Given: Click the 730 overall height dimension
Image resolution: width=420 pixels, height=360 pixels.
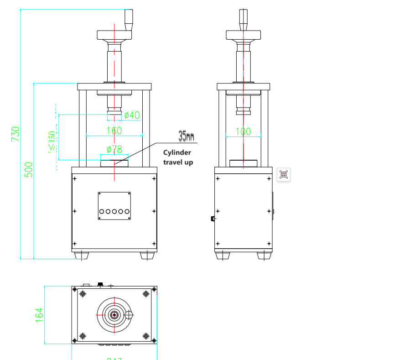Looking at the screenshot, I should [x=16, y=134].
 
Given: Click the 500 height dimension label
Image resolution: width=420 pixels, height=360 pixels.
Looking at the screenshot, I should [x=28, y=169].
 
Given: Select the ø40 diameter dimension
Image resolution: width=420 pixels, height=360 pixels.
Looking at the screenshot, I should [x=132, y=115].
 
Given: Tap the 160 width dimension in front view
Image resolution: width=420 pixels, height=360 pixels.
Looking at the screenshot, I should [x=114, y=130].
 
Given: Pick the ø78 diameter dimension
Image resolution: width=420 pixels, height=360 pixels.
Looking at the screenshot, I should [x=114, y=149].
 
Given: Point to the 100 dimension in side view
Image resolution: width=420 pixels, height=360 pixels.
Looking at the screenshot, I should [x=243, y=131].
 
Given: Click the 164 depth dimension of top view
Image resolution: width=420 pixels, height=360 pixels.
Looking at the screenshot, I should [x=39, y=315].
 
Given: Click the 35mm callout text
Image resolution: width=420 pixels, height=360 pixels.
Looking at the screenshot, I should [x=186, y=136].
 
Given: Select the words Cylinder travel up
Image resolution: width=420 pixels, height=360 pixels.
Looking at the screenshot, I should [x=178, y=157].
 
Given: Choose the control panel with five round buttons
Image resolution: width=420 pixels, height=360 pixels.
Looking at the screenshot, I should [x=114, y=206].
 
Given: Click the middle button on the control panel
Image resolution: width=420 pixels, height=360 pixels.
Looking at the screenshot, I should [x=114, y=211].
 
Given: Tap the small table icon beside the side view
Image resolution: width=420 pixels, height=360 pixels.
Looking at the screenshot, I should [x=283, y=174].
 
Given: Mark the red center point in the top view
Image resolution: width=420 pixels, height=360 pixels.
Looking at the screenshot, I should [x=114, y=315].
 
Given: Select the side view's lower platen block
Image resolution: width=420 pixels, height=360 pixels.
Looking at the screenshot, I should [x=243, y=163].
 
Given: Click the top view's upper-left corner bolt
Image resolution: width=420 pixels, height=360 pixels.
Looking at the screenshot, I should [x=83, y=294].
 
